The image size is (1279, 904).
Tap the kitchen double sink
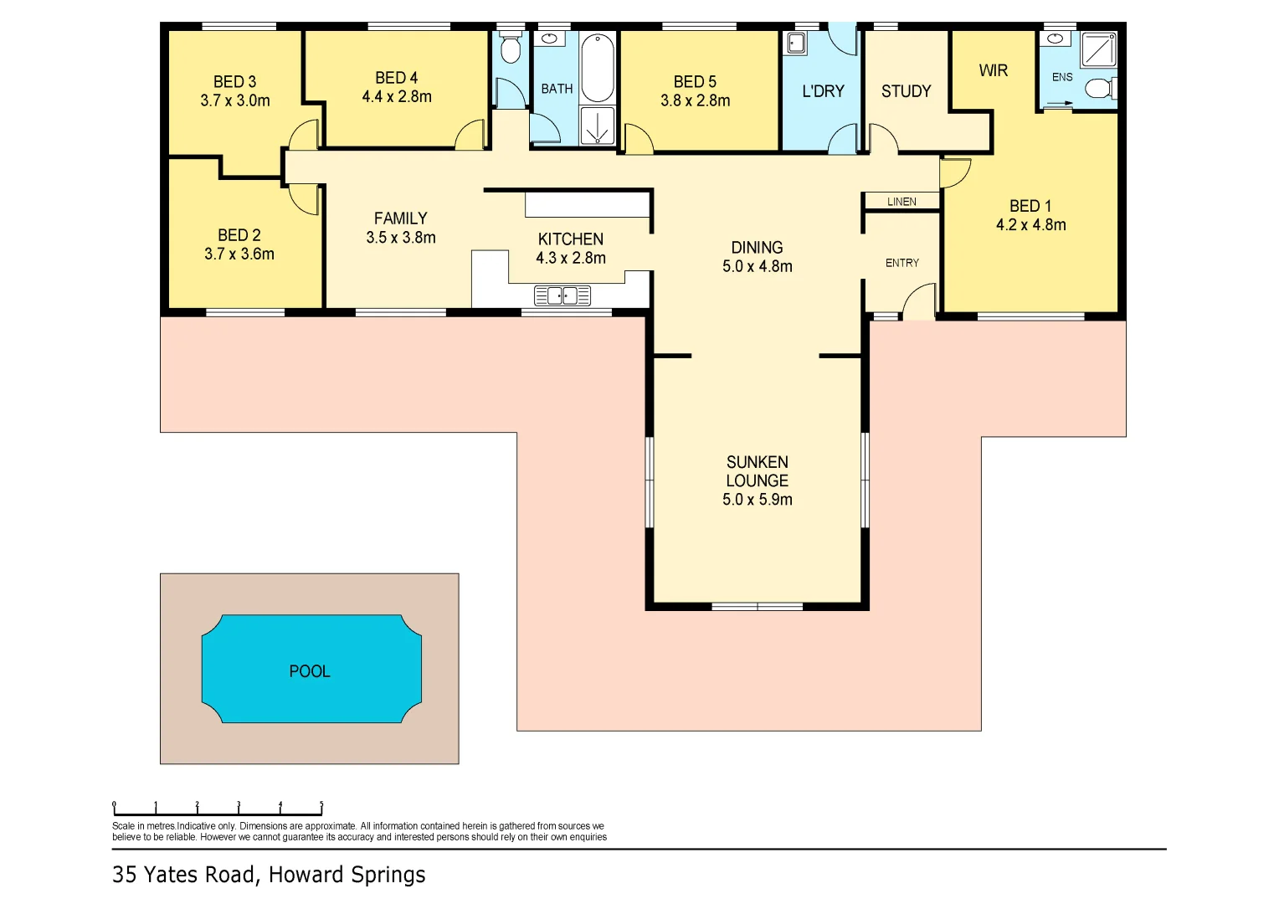(562, 295)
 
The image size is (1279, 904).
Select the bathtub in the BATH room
(598, 68)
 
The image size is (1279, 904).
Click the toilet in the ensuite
(1099, 88)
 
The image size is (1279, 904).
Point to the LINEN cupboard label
(901, 202)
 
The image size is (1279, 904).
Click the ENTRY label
(901, 263)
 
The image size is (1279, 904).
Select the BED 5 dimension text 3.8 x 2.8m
(695, 101)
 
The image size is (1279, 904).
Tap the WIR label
(993, 70)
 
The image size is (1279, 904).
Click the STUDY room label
(906, 91)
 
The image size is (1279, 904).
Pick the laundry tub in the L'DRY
(796, 43)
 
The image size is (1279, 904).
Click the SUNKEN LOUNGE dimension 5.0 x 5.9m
(757, 500)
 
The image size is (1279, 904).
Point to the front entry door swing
(919, 302)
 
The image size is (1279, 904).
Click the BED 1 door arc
(954, 172)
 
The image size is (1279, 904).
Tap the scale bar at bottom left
(218, 809)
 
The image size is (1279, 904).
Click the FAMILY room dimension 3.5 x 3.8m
(400, 238)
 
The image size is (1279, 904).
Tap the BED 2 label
(239, 235)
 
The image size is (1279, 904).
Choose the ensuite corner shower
(1098, 49)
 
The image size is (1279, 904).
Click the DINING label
(757, 248)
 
